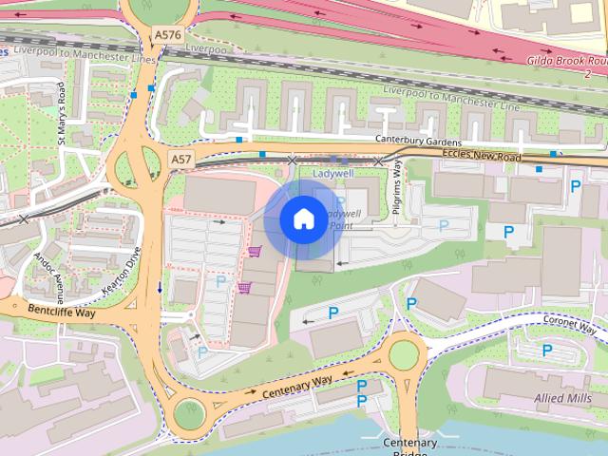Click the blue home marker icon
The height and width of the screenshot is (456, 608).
click(x=302, y=219)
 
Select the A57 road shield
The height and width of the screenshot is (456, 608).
click(x=181, y=158)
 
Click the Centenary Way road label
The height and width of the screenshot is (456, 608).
click(x=296, y=385)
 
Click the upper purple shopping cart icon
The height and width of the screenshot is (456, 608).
click(x=254, y=252)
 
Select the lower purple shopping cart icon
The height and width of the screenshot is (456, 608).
click(x=244, y=287)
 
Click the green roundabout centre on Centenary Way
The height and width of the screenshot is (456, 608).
click(x=405, y=354)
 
